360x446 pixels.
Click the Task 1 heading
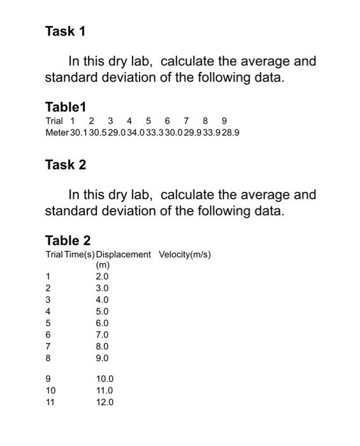point(65,31)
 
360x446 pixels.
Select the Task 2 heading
point(65,165)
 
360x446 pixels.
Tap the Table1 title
point(65,106)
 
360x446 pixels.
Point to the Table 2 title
point(68,240)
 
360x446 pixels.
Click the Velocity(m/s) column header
point(185,254)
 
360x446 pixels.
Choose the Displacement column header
point(123,254)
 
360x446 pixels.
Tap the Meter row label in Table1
point(56,133)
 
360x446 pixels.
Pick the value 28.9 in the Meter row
point(231,133)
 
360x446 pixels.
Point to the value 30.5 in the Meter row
point(99,133)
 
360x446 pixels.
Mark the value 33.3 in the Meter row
point(155,133)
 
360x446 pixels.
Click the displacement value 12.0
point(104,402)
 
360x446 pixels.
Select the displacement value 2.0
point(102,277)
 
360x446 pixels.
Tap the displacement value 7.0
point(102,334)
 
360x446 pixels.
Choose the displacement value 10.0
point(104,378)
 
